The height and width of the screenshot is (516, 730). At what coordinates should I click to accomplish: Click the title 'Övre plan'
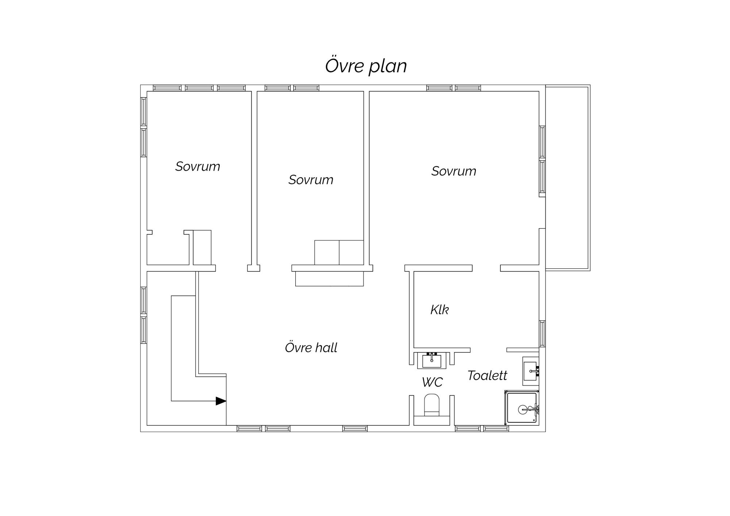366,66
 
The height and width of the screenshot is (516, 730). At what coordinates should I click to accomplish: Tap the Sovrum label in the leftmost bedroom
197,167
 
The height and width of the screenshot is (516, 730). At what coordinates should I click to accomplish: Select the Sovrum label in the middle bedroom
311,180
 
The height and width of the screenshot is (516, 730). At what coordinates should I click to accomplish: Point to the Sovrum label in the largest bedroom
454,171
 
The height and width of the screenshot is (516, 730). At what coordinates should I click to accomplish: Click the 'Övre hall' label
311,347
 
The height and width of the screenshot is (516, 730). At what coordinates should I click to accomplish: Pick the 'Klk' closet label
439,310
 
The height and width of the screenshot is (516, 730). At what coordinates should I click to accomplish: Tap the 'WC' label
432,382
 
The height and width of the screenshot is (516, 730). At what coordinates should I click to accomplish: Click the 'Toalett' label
487,375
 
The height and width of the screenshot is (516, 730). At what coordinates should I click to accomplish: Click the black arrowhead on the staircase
221,401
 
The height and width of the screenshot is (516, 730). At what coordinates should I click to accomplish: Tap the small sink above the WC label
432,360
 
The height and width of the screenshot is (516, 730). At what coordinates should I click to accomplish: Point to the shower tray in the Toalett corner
522,408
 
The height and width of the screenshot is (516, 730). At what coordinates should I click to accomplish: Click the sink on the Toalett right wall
531,371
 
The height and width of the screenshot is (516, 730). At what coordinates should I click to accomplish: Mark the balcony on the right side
568,178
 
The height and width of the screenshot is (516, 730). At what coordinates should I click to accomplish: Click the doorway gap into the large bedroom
486,268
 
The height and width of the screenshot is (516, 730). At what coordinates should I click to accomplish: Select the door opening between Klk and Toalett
488,350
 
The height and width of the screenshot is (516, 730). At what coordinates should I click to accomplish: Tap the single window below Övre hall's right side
355,429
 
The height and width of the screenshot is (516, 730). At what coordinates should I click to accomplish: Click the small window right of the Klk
542,334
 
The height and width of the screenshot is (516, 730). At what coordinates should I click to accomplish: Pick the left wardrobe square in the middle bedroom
327,253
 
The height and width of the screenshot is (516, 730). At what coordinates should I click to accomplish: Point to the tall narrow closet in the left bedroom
202,248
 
